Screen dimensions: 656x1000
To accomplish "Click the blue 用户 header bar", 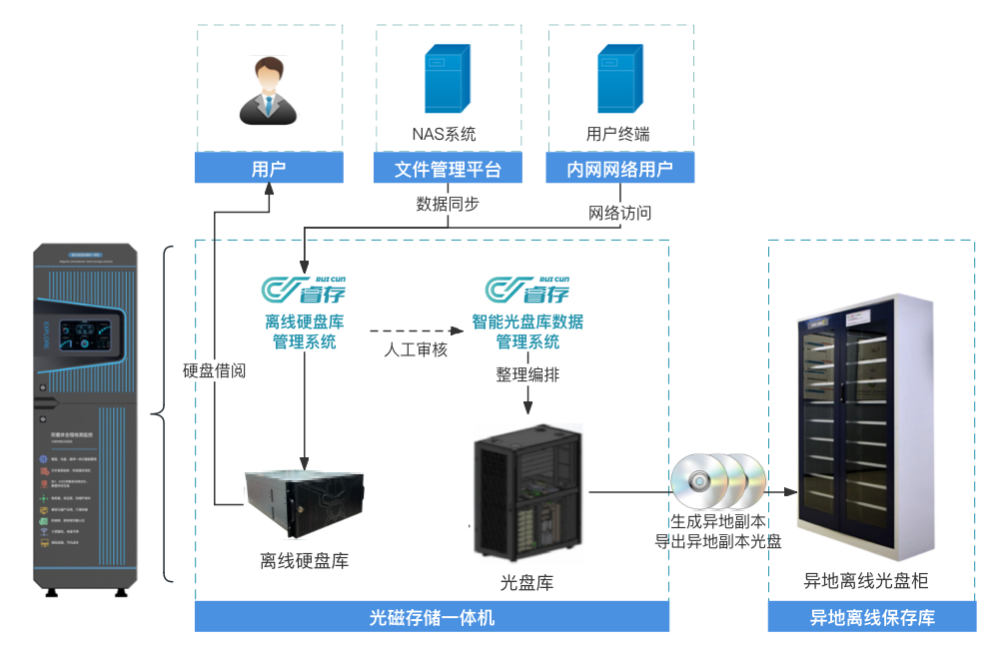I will pyautogui.click(x=269, y=169).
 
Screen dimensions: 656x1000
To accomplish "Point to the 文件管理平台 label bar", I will pyautogui.click(x=449, y=170).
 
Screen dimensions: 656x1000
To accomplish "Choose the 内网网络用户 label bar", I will pyautogui.click(x=619, y=170).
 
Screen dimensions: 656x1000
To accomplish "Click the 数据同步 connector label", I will pyautogui.click(x=448, y=204).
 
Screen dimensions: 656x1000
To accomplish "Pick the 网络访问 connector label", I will pyautogui.click(x=619, y=213).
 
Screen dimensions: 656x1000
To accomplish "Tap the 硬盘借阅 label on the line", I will pyautogui.click(x=214, y=370).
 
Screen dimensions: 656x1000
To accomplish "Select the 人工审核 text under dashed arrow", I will pyautogui.click(x=416, y=349).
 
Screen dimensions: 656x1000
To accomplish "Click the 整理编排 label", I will pyautogui.click(x=527, y=374).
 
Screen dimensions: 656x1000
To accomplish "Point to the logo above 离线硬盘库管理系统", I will pyautogui.click(x=304, y=290).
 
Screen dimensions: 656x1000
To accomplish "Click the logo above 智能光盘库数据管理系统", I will pyautogui.click(x=526, y=290).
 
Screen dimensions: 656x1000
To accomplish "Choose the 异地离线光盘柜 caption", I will pyautogui.click(x=872, y=581).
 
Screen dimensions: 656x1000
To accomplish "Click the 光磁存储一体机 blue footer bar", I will pyautogui.click(x=432, y=617).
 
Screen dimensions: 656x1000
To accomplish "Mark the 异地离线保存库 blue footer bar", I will pyautogui.click(x=872, y=617).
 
